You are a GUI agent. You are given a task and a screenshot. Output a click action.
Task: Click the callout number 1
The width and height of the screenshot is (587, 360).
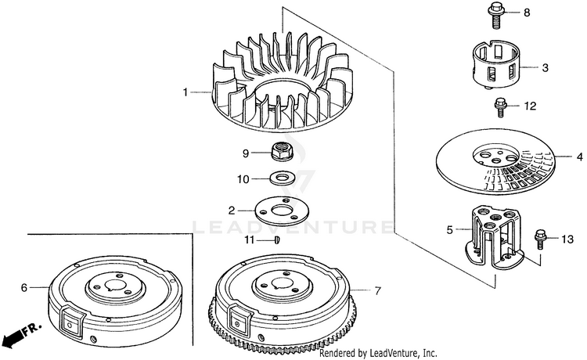pos(186,92)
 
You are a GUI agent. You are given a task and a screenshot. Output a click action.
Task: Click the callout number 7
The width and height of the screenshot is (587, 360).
pos(377,291)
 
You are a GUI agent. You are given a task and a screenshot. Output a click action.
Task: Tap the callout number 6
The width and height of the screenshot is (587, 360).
pos(24,288)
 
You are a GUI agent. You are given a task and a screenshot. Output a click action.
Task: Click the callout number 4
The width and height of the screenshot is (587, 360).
pos(580,156)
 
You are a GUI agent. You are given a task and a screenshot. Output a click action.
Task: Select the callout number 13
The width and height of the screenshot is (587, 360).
pos(567,237)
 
